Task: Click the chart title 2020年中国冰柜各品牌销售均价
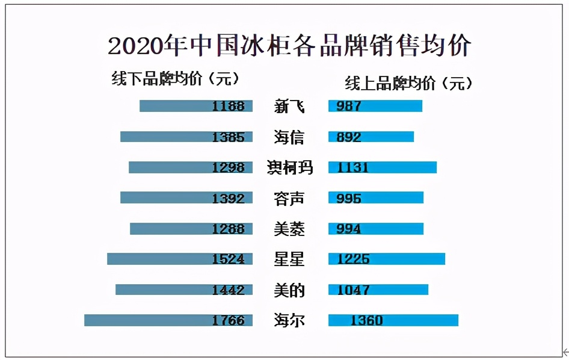(x=289, y=46)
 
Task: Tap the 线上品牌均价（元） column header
(x=408, y=83)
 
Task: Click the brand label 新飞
(x=289, y=107)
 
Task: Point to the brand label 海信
(x=289, y=137)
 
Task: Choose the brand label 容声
(x=289, y=198)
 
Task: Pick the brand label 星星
(x=289, y=259)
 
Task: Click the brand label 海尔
(x=289, y=320)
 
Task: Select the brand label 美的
(x=289, y=290)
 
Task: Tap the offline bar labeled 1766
(x=168, y=320)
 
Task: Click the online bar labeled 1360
(x=393, y=320)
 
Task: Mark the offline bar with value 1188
(x=195, y=106)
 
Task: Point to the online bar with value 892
(x=371, y=137)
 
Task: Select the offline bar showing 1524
(x=179, y=259)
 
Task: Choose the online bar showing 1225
(x=387, y=259)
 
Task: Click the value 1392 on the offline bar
(x=228, y=198)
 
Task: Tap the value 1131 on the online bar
(x=352, y=167)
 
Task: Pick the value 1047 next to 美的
(x=353, y=290)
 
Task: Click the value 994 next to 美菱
(x=349, y=229)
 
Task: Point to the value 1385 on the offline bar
(x=228, y=137)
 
